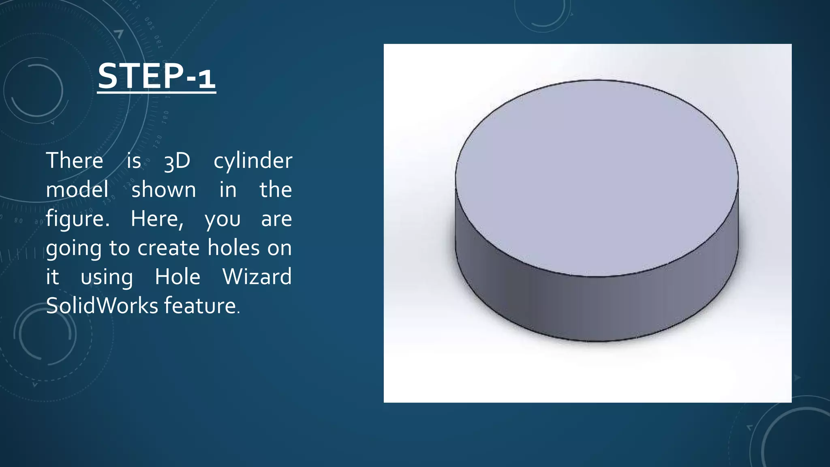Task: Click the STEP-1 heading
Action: (156, 76)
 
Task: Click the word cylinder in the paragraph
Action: (252, 161)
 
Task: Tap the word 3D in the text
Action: (177, 161)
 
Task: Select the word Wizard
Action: (257, 277)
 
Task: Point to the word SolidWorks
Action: (102, 306)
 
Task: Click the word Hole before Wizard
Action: (178, 277)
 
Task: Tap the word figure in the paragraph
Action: (77, 219)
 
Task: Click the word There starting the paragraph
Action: (75, 161)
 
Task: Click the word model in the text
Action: (77, 190)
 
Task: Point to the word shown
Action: (164, 190)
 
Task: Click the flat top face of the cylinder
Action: (596, 174)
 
